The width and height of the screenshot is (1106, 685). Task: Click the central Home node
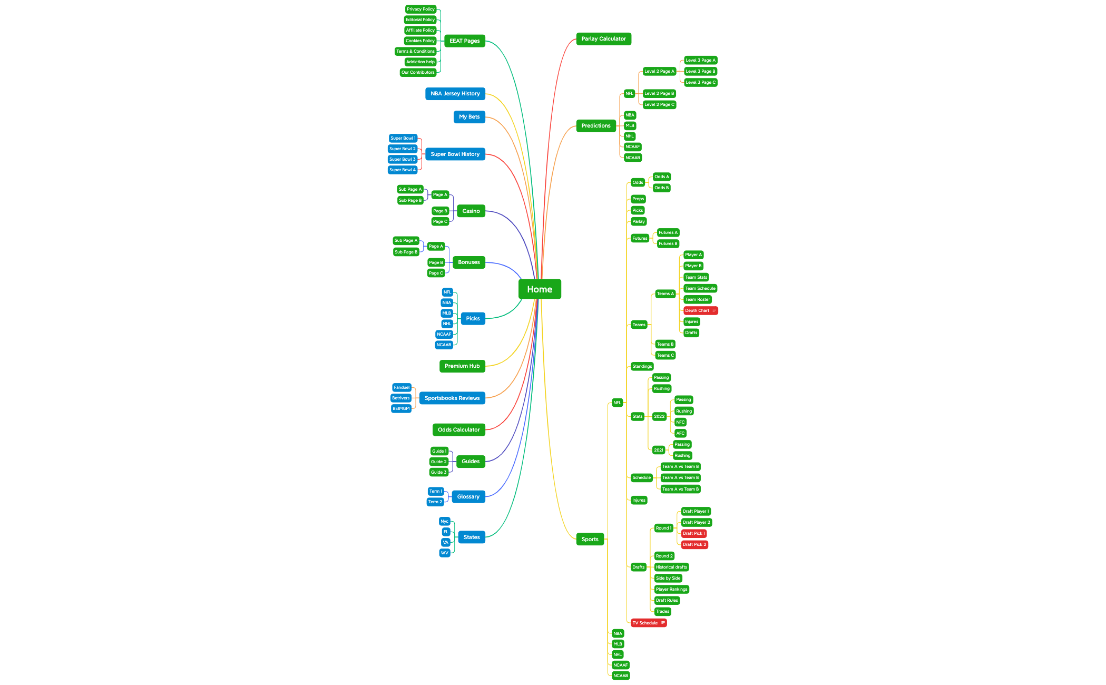point(540,289)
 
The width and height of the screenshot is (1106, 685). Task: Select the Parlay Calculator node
point(603,39)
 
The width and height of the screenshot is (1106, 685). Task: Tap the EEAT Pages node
point(464,41)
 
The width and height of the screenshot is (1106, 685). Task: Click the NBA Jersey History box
point(455,94)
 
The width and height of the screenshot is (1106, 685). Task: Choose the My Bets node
point(469,117)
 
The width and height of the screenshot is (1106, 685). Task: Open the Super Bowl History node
point(455,154)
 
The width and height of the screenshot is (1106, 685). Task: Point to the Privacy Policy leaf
point(420,9)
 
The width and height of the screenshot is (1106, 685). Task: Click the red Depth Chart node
point(700,311)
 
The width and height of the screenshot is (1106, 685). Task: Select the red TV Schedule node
point(649,623)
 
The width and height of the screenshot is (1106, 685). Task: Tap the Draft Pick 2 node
point(694,545)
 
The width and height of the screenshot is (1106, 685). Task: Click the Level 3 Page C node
point(700,83)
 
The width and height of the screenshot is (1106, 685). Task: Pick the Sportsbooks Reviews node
point(452,398)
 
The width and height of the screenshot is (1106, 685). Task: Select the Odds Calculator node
point(458,430)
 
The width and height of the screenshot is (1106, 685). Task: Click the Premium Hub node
point(462,366)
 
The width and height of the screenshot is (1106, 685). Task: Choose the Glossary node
point(468,497)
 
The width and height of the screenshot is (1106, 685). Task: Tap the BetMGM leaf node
point(401,409)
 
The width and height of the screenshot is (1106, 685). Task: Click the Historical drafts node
point(671,567)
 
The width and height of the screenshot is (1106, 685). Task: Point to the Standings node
point(642,367)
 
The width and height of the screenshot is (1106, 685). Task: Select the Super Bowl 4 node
point(403,170)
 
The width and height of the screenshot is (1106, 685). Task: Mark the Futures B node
point(668,244)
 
